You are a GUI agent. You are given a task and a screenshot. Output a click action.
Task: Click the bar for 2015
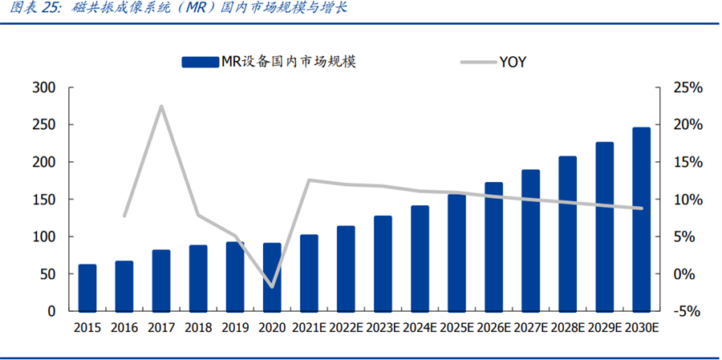(x=87, y=288)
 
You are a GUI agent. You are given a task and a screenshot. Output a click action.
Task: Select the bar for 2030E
(x=642, y=219)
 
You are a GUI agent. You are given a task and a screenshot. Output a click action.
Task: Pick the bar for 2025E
(x=456, y=252)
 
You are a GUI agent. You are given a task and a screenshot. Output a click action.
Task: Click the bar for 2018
(x=198, y=278)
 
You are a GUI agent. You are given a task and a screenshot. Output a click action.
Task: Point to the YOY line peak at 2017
(x=161, y=106)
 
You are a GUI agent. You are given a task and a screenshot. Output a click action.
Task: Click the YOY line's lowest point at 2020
(x=273, y=286)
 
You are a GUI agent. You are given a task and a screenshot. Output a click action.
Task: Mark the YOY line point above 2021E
(x=310, y=180)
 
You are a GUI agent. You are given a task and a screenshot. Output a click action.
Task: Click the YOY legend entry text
(x=513, y=62)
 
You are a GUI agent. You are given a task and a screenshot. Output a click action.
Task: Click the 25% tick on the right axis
(x=688, y=87)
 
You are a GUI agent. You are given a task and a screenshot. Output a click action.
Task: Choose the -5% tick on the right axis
(x=688, y=311)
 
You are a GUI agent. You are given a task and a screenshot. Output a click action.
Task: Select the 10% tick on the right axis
(x=688, y=200)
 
